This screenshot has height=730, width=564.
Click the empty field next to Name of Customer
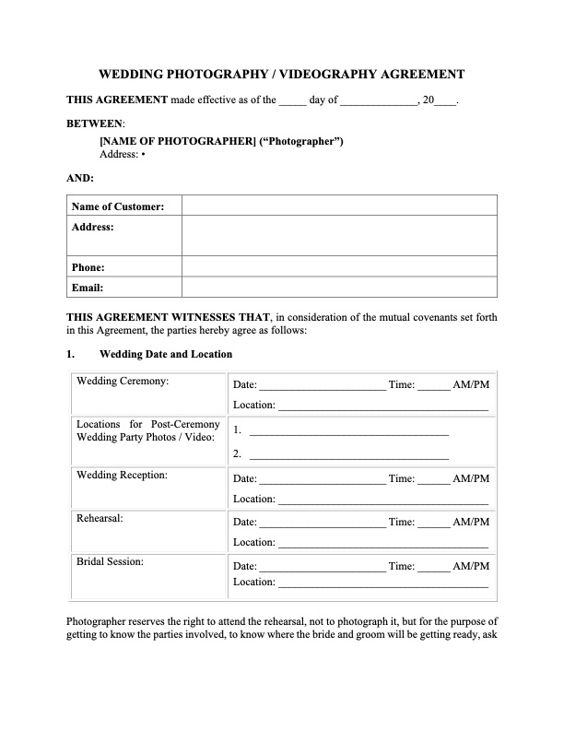(x=339, y=206)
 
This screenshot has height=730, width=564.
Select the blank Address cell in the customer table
(x=339, y=236)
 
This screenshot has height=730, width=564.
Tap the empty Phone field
(x=339, y=267)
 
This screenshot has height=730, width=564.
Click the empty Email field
(x=339, y=288)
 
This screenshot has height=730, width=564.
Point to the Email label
(x=88, y=288)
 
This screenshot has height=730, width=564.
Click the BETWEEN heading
(x=95, y=123)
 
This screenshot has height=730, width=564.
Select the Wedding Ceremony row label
(x=123, y=381)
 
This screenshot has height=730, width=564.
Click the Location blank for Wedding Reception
(x=382, y=500)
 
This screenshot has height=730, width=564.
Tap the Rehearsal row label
(x=100, y=519)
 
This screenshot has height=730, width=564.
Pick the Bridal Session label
(x=110, y=560)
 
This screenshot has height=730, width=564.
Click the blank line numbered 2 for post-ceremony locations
(x=349, y=454)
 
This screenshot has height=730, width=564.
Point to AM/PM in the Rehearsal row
(x=471, y=523)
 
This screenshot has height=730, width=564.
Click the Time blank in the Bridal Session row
(x=434, y=567)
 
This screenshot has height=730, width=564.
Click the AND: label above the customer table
(x=80, y=178)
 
